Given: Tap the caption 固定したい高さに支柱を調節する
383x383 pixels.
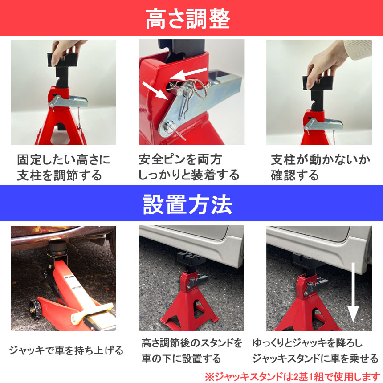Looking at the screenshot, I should pos(64,167).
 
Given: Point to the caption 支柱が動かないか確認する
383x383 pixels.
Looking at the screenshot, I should pos(320,167).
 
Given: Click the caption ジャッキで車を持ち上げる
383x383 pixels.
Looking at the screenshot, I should pos(66,350).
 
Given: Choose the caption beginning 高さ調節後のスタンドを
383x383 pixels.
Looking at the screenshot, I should pos(192,350).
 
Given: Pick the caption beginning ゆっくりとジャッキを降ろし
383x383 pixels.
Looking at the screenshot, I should pos(314,350).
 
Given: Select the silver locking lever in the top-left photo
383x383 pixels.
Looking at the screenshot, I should pos(67,101).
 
